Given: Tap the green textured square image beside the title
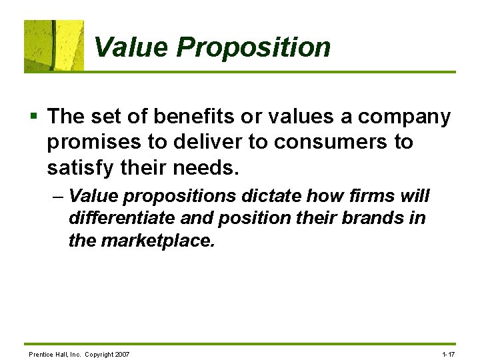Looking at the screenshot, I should tap(54, 45).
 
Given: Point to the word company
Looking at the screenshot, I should tap(404, 117).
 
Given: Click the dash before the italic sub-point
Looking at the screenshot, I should tap(58, 197).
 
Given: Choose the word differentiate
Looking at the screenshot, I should tap(122, 218).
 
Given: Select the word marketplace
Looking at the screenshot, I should tap(157, 240).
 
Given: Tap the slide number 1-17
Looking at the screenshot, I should tap(448, 354).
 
